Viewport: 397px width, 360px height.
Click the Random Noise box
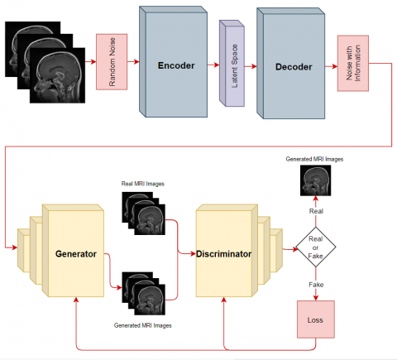click(112, 62)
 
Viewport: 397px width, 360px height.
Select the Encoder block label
click(176, 65)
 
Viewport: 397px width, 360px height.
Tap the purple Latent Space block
click(232, 63)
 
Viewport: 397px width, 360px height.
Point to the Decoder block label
click(294, 67)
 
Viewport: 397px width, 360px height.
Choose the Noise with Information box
click(353, 63)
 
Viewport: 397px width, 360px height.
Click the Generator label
click(76, 254)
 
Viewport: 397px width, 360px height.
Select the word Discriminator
click(223, 254)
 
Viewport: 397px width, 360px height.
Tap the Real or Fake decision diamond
click(316, 247)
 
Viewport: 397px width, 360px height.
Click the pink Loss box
click(316, 319)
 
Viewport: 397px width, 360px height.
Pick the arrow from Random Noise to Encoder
click(133, 62)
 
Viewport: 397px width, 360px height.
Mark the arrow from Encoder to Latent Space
click(213, 65)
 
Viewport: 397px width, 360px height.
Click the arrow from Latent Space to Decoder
click(251, 66)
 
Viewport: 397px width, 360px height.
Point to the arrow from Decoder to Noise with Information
click(332, 66)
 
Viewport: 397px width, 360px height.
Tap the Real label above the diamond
click(316, 211)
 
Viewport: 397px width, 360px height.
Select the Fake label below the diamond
click(316, 285)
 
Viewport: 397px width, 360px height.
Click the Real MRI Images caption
click(143, 184)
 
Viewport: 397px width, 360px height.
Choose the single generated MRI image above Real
click(316, 180)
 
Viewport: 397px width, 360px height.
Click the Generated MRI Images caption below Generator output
click(143, 325)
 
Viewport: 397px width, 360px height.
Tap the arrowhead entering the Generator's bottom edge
click(76, 300)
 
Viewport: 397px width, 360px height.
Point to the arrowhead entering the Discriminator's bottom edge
click(224, 300)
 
